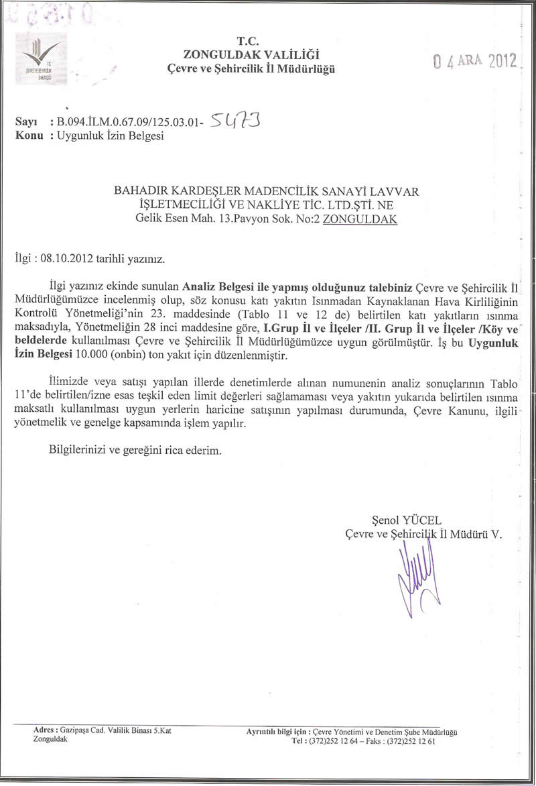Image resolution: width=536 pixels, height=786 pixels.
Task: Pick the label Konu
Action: [29, 135]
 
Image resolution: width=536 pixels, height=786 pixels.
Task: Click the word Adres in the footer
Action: [44, 730]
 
